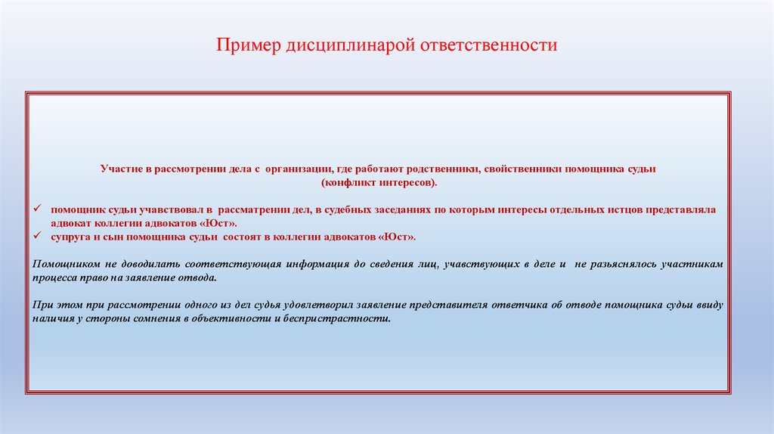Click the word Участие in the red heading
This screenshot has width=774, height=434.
pyautogui.click(x=120, y=170)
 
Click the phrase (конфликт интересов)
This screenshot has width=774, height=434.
pyautogui.click(x=378, y=183)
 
